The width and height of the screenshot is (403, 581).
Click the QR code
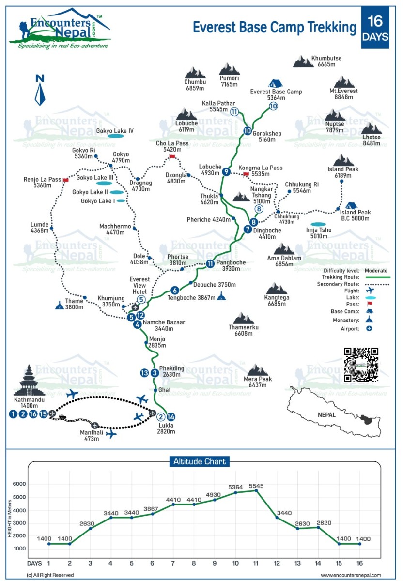pos(361,365)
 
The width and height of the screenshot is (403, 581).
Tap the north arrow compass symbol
pos(40,90)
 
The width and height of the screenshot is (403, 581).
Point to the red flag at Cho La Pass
pos(172,156)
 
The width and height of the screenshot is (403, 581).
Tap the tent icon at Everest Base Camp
pos(276,84)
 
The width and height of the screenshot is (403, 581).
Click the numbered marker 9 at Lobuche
pos(226,171)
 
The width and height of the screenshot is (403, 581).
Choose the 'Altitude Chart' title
pos(200,461)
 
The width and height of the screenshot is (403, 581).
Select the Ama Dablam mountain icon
pos(284,249)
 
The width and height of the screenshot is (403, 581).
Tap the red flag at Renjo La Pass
pos(65,180)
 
